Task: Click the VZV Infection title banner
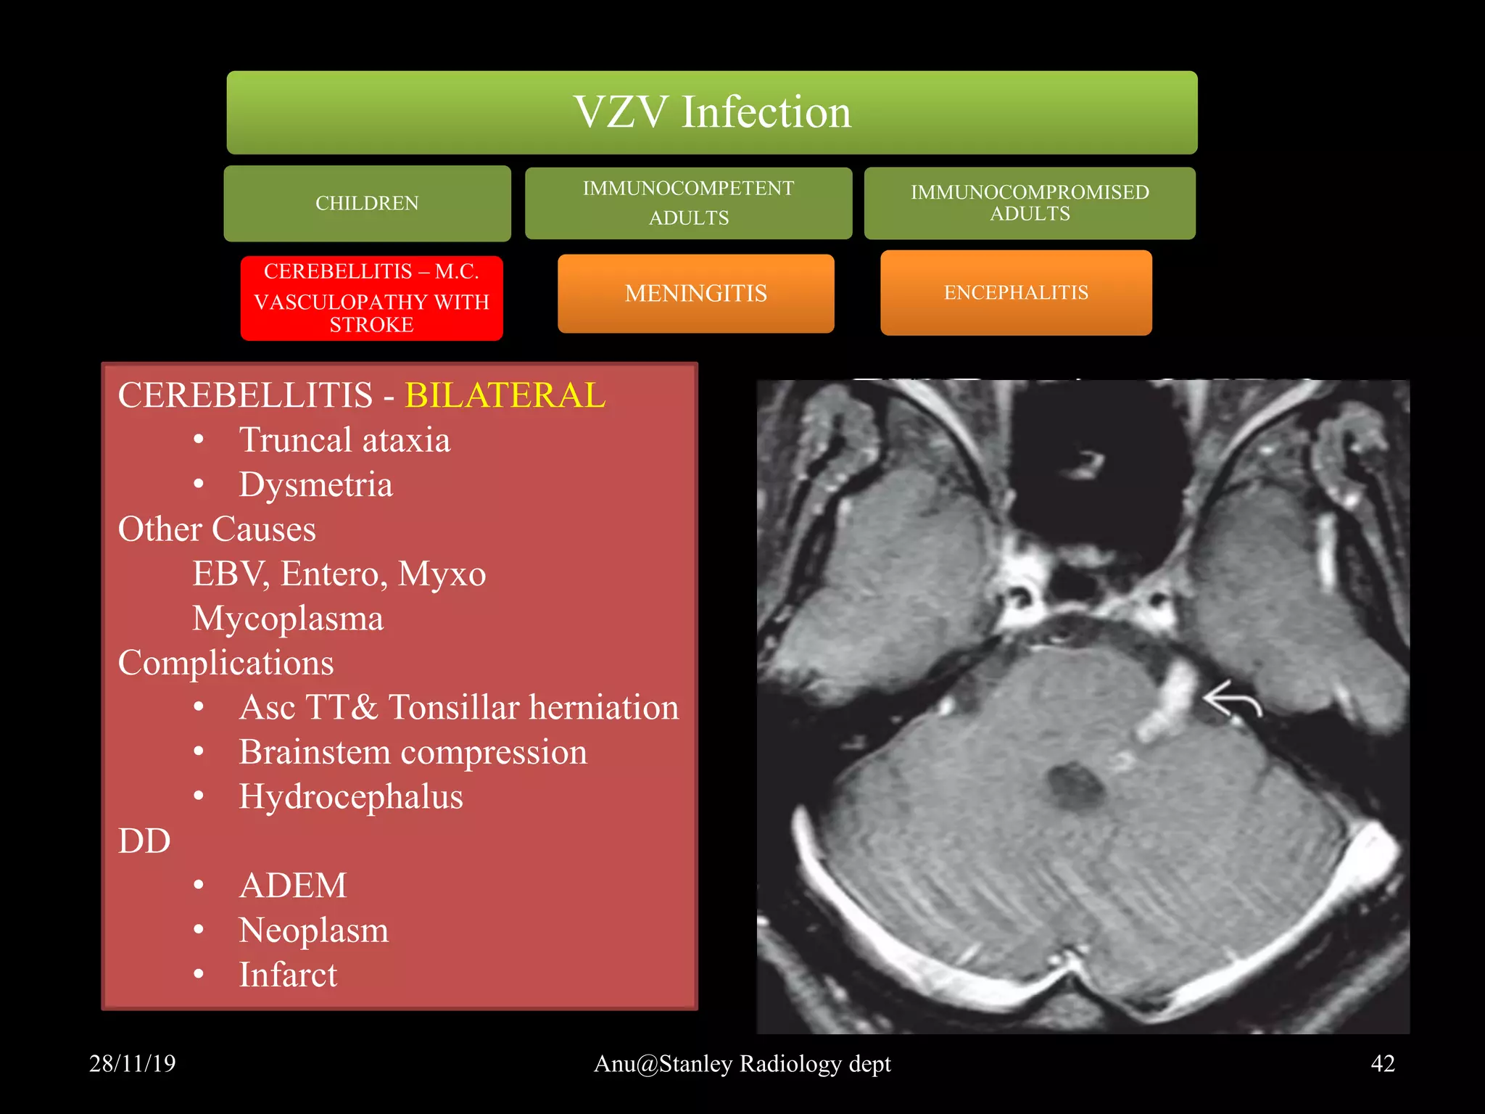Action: (x=711, y=112)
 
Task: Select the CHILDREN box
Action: (x=367, y=203)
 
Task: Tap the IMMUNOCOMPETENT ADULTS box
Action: (x=688, y=203)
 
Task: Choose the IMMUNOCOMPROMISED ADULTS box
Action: (x=1030, y=203)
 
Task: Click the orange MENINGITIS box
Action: (x=695, y=294)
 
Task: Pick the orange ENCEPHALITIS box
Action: (x=1016, y=293)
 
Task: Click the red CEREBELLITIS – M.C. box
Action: (x=371, y=298)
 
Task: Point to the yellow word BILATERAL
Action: (x=505, y=396)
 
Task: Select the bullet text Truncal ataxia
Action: (x=344, y=440)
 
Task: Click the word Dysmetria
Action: (x=315, y=484)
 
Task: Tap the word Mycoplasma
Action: (x=288, y=619)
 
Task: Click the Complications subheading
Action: (x=226, y=663)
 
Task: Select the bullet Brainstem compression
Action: (x=413, y=752)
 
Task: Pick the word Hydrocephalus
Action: (x=351, y=796)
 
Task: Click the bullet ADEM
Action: (x=293, y=886)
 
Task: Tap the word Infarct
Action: (x=288, y=975)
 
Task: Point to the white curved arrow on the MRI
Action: (x=1232, y=699)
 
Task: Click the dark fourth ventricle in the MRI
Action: (x=1075, y=786)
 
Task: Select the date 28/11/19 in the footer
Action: (x=132, y=1063)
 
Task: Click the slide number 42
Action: (x=1382, y=1063)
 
